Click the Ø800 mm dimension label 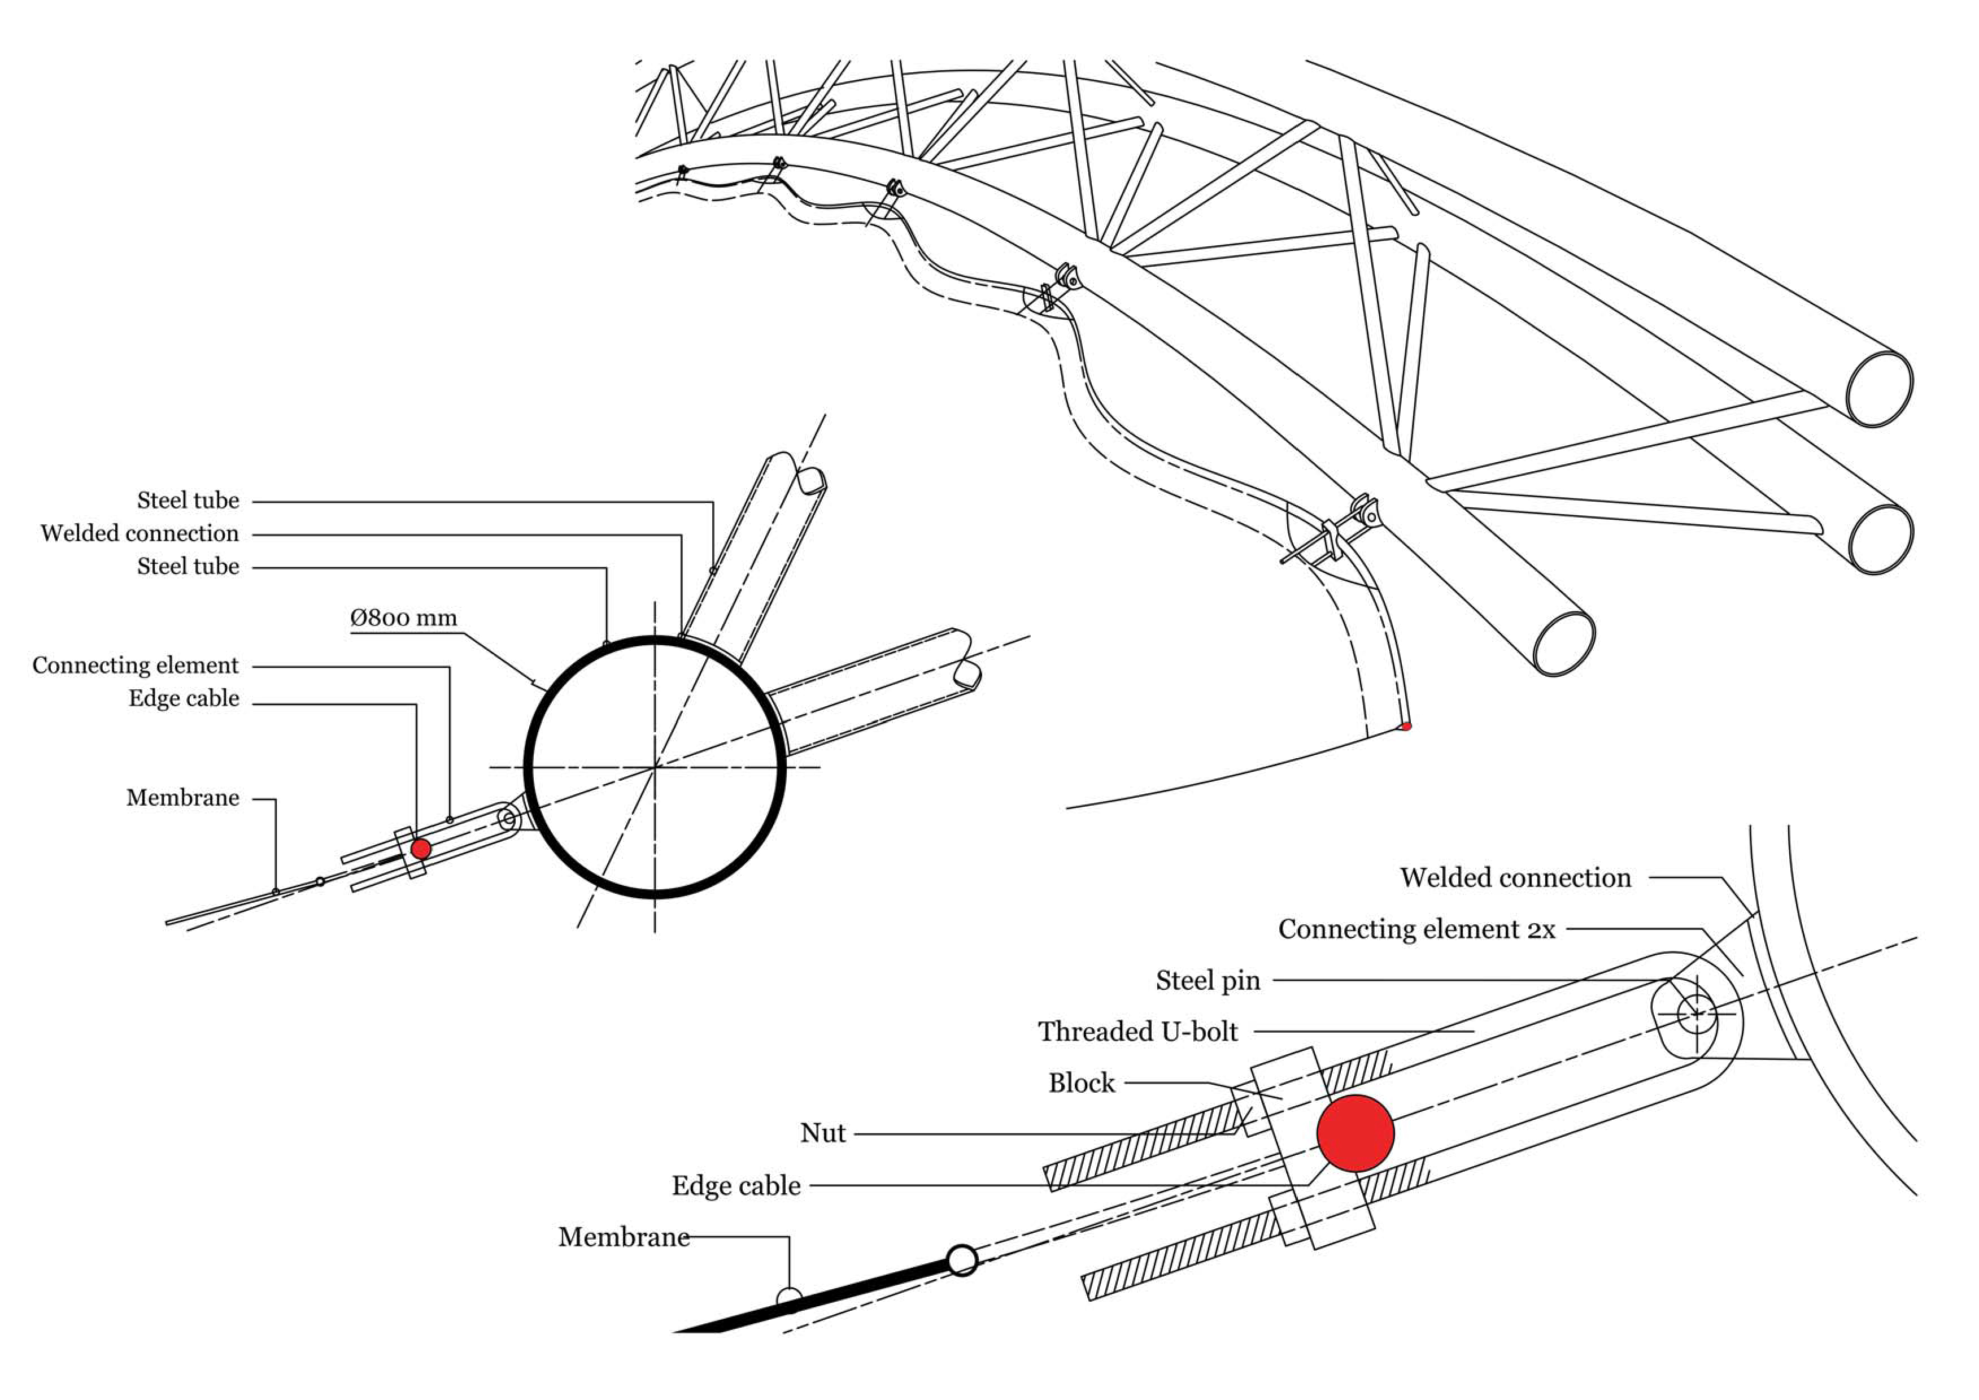coord(403,618)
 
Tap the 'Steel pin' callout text coord(1208,980)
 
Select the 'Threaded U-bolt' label coord(1137,1031)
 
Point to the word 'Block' coord(1082,1082)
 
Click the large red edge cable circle coord(1355,1133)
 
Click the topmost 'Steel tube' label coord(188,500)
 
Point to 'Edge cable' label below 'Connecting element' coord(184,698)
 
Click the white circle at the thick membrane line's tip coord(962,1260)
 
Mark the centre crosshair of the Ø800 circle coord(655,766)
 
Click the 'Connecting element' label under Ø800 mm coord(136,666)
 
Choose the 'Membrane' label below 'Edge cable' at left coord(183,797)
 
